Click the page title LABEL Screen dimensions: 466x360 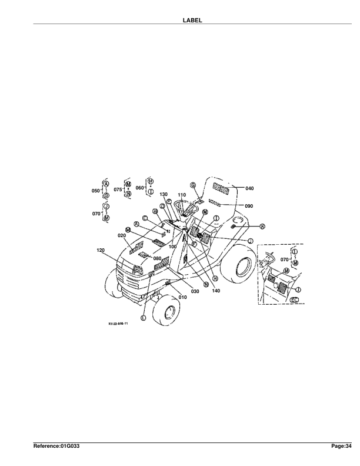coord(194,20)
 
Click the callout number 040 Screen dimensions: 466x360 coord(249,188)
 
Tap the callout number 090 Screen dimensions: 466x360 coord(249,206)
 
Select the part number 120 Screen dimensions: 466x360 coord(101,250)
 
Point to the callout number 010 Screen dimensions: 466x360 coord(182,297)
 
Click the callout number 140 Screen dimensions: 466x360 coord(216,291)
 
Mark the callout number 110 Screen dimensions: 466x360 coord(182,195)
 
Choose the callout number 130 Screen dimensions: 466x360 coord(164,194)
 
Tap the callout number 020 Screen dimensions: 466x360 coord(122,235)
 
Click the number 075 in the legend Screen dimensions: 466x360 coord(118,189)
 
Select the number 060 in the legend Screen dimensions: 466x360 coord(139,188)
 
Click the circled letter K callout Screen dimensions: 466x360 coord(262,227)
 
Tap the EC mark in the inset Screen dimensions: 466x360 coord(295,300)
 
